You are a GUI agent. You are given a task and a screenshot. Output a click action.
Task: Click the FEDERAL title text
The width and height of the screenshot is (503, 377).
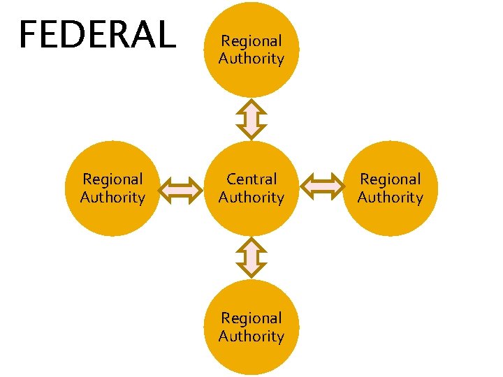(97, 35)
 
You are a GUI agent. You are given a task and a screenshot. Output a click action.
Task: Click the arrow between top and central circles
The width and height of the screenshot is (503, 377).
(251, 119)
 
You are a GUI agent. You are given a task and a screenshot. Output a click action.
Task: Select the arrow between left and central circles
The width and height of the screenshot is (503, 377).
(182, 188)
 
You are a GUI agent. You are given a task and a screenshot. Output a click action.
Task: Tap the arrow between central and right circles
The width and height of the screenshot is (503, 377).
(321, 188)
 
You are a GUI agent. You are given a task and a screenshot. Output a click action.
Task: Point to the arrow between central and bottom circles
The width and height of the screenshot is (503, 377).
(251, 258)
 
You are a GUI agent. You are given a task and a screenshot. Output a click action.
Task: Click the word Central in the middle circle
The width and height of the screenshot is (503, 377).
(251, 179)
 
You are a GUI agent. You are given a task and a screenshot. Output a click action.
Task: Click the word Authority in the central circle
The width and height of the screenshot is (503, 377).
(251, 198)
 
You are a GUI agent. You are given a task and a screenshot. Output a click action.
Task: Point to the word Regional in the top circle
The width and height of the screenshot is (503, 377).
(251, 41)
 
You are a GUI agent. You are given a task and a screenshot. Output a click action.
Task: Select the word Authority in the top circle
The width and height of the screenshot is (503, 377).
(251, 59)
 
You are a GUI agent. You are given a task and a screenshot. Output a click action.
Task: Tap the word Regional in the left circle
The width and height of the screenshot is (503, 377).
(112, 179)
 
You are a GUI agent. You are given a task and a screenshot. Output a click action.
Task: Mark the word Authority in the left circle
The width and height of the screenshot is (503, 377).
(112, 198)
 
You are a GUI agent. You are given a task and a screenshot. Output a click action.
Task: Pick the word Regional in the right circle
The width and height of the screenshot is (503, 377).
(390, 179)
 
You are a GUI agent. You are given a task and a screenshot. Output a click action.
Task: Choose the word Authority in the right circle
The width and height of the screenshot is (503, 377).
(390, 198)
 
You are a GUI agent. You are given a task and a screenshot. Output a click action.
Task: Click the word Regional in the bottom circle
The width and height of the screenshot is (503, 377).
(251, 318)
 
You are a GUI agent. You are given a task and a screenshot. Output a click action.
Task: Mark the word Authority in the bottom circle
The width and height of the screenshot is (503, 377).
(251, 337)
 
